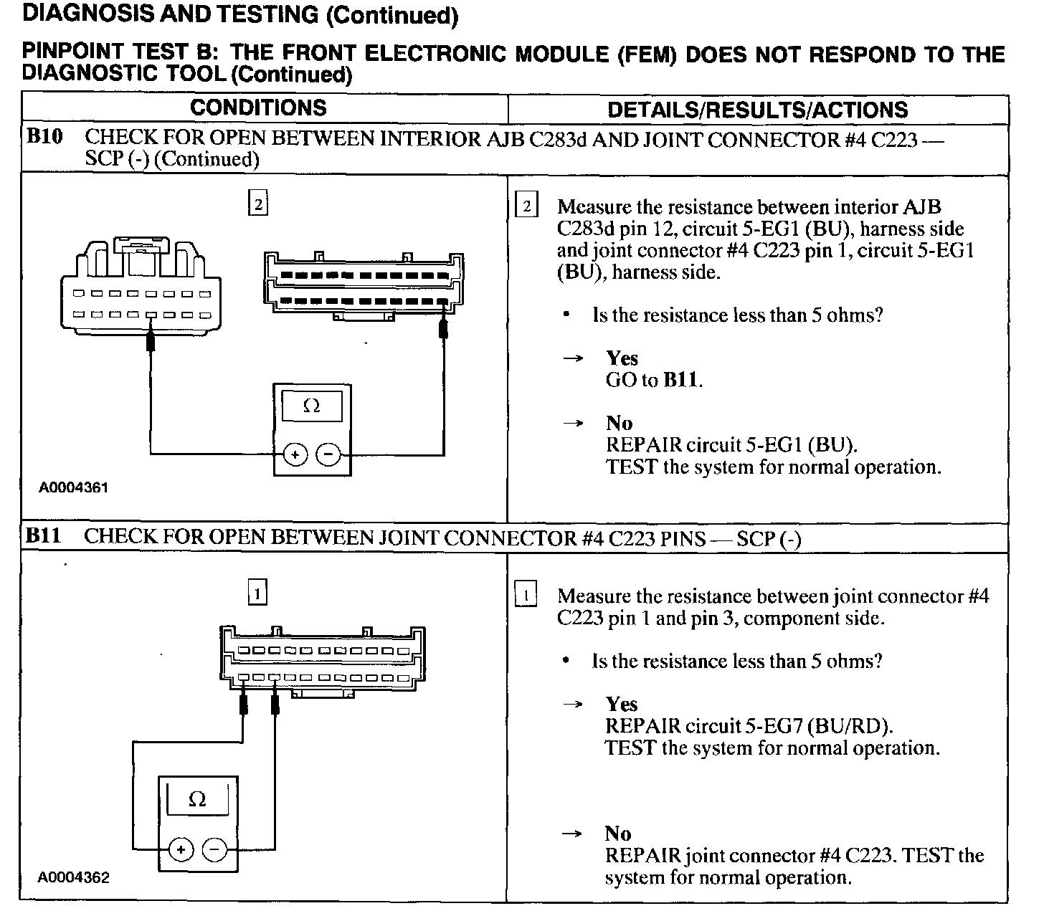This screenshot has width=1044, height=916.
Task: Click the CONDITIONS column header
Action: coord(258,108)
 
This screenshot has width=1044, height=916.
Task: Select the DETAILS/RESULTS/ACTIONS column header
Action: coord(757,110)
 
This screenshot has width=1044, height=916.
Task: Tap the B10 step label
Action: coord(44,137)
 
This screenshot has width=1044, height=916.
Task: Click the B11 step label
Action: coord(44,536)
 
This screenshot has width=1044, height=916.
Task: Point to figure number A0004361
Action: coord(73,488)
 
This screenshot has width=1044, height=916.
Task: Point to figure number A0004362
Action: coord(74,877)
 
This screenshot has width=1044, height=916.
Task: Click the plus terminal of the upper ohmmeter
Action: coord(295,454)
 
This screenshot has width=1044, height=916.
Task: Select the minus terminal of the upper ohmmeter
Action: coord(328,454)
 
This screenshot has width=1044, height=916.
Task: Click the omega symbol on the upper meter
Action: coord(311,406)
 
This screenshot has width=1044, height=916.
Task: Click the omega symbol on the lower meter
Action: coord(197,799)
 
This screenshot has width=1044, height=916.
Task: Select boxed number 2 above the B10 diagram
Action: coord(257,205)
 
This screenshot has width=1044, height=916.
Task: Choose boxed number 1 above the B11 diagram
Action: coord(257,593)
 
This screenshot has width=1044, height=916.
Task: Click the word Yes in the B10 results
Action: coord(622,358)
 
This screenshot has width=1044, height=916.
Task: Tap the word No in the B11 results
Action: coord(617,834)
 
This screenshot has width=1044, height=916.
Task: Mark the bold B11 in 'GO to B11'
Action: coord(680,380)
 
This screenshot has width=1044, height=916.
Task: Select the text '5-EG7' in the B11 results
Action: coord(774,726)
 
